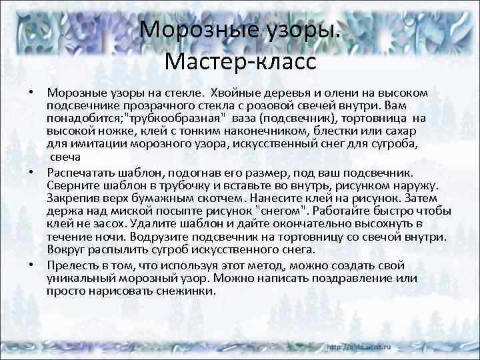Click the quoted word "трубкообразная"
coord(175,118)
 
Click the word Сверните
coord(75,183)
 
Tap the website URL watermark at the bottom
coord(360,348)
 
